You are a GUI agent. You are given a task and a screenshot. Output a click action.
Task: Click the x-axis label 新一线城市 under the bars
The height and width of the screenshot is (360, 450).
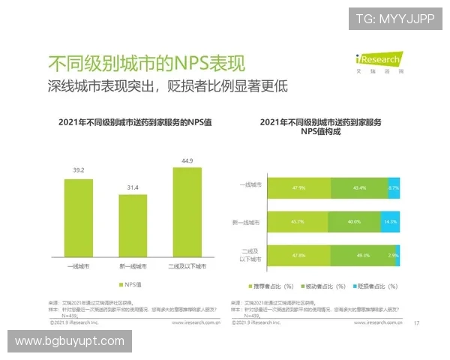click(x=133, y=266)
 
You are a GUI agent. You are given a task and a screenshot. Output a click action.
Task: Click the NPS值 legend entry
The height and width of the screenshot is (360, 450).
click(x=132, y=285)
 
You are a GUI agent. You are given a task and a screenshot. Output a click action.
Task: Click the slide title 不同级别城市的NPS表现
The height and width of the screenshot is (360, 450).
click(x=146, y=62)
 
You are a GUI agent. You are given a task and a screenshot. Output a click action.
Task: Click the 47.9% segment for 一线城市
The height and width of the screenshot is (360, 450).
click(x=298, y=187)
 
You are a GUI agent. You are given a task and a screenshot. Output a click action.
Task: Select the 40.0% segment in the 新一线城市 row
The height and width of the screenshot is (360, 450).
click(x=355, y=222)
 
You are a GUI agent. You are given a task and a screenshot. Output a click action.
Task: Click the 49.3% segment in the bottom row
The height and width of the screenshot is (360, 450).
click(x=362, y=256)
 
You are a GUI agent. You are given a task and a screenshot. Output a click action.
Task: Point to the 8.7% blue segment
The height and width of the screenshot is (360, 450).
click(x=394, y=187)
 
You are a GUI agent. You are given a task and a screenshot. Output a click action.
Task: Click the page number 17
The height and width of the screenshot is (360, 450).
click(x=416, y=323)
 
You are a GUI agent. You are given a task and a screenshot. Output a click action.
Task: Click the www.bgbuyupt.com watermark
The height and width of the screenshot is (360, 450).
click(x=69, y=341)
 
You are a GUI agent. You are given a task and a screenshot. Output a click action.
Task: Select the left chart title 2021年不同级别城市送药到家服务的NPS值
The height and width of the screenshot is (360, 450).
click(x=132, y=121)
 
